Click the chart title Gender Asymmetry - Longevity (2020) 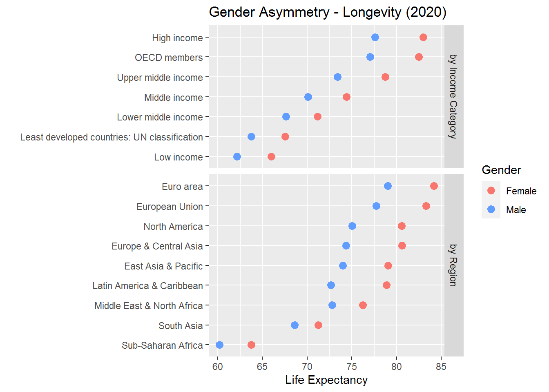tap(328, 12)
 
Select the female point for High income tap(423, 38)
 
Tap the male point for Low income tap(237, 157)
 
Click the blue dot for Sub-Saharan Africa tap(219, 345)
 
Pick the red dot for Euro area tap(434, 186)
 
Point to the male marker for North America tap(352, 226)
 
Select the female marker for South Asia tap(318, 325)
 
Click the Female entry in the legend tap(521, 191)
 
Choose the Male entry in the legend tap(516, 210)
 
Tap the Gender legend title tap(501, 170)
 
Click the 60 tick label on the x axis tap(218, 367)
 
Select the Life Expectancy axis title tap(326, 380)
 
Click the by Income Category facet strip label tap(453, 97)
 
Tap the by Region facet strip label tap(453, 265)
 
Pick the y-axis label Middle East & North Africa tap(148, 306)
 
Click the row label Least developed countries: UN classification tap(112, 137)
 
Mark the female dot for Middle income tap(346, 97)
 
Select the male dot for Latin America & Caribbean tap(331, 285)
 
